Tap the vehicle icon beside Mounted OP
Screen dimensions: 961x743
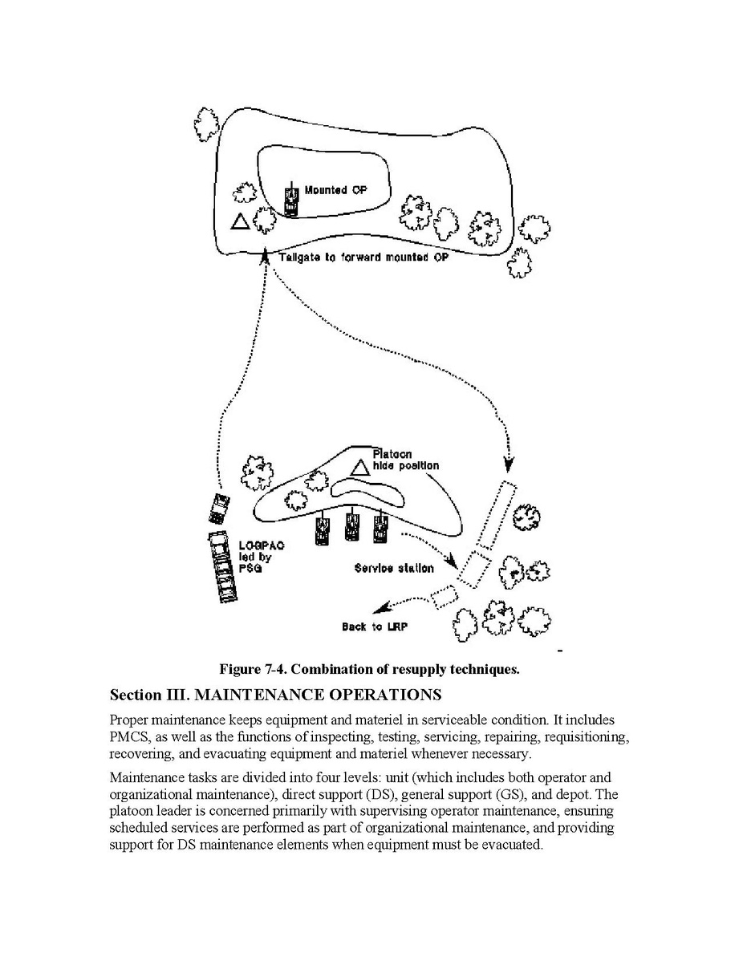pos(291,201)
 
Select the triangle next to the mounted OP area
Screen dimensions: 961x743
pos(239,221)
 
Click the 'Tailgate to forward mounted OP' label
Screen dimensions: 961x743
pos(363,258)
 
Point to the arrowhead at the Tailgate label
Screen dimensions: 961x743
pos(266,255)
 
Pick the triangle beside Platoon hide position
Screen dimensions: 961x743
pos(360,466)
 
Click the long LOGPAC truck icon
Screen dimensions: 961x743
pos(223,567)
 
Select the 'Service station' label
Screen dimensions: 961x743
pos(394,568)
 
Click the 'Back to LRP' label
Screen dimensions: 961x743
pos(374,626)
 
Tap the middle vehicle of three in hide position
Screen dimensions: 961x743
pos(351,526)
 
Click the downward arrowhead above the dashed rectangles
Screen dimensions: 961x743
pos(508,464)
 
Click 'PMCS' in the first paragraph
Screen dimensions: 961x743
pos(130,736)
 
